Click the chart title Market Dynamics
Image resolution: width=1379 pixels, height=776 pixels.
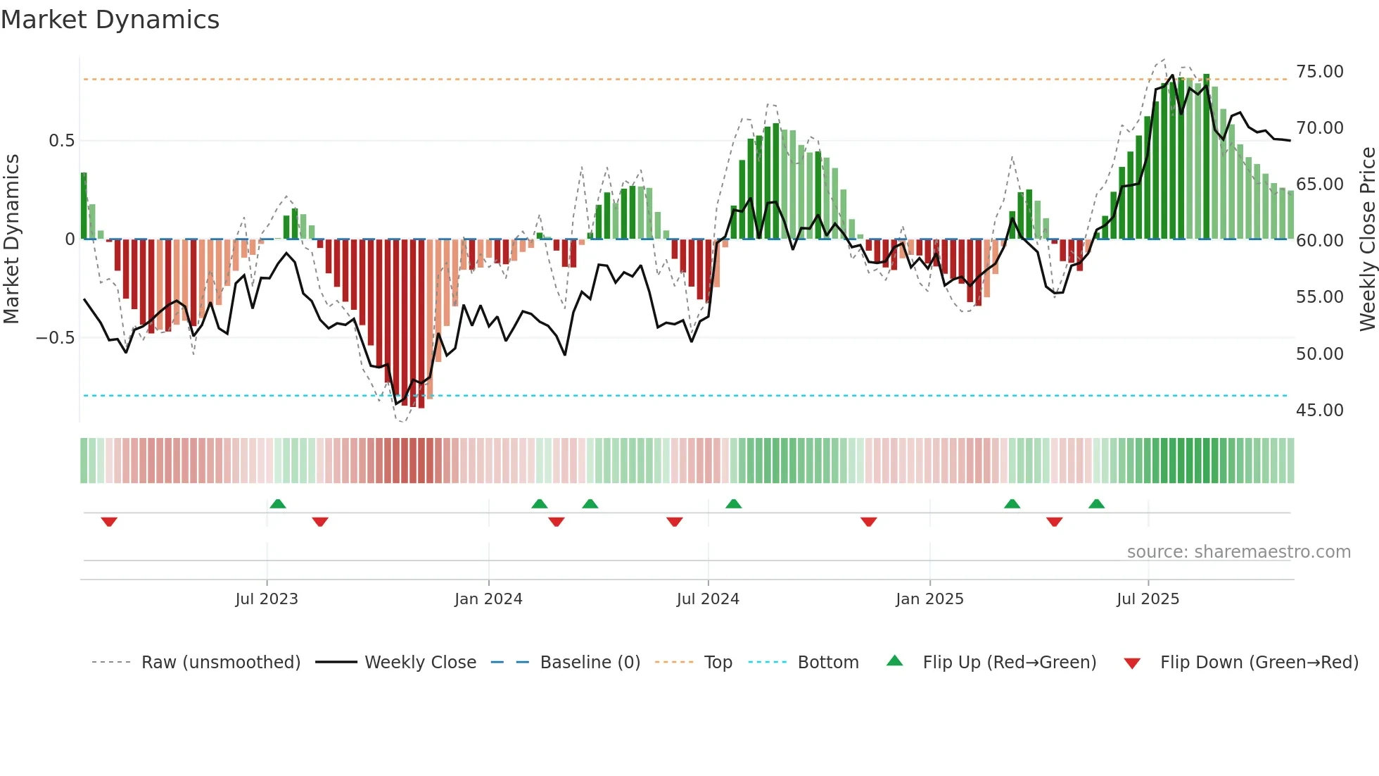(110, 20)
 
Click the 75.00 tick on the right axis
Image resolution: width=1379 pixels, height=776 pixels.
(1319, 72)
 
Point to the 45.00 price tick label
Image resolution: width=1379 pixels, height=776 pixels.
(1319, 411)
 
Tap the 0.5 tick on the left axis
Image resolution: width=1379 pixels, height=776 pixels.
(61, 141)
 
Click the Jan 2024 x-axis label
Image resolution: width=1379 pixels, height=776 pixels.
(488, 599)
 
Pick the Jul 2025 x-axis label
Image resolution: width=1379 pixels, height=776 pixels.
(1148, 599)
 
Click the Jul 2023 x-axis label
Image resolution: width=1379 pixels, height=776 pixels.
(267, 599)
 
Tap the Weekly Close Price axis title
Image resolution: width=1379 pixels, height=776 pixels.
(1367, 239)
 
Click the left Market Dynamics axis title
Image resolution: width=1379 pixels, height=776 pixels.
(11, 239)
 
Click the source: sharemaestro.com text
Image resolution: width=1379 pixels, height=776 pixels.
(1238, 552)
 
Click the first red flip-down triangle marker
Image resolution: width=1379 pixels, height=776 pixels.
(109, 522)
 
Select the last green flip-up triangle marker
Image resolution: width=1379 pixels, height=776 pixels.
(1096, 503)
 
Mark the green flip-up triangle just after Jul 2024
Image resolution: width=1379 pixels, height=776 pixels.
(733, 503)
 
